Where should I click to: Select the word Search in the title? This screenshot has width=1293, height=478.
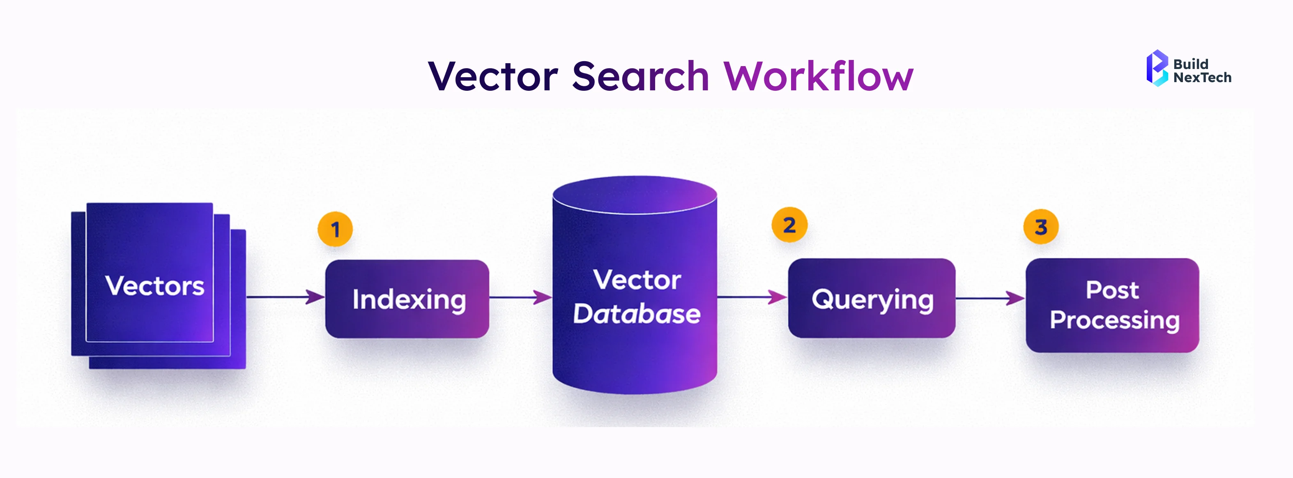tap(640, 76)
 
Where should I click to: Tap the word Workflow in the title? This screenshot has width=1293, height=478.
tap(818, 76)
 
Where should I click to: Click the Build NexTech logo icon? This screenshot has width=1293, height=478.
tap(1157, 68)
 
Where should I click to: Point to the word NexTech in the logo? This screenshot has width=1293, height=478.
tap(1202, 78)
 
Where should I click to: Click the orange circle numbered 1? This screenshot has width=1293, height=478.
tap(335, 230)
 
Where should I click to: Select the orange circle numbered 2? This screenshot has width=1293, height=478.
tap(789, 225)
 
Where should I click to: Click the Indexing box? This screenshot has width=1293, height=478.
tap(407, 299)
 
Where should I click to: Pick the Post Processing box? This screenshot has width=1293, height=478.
tap(1112, 305)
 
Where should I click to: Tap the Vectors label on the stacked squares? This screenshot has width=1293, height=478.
tap(154, 286)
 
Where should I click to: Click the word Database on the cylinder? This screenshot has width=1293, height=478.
tap(637, 314)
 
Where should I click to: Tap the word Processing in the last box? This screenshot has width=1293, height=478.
tap(1114, 320)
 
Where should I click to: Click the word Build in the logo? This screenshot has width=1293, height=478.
tap(1191, 64)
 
